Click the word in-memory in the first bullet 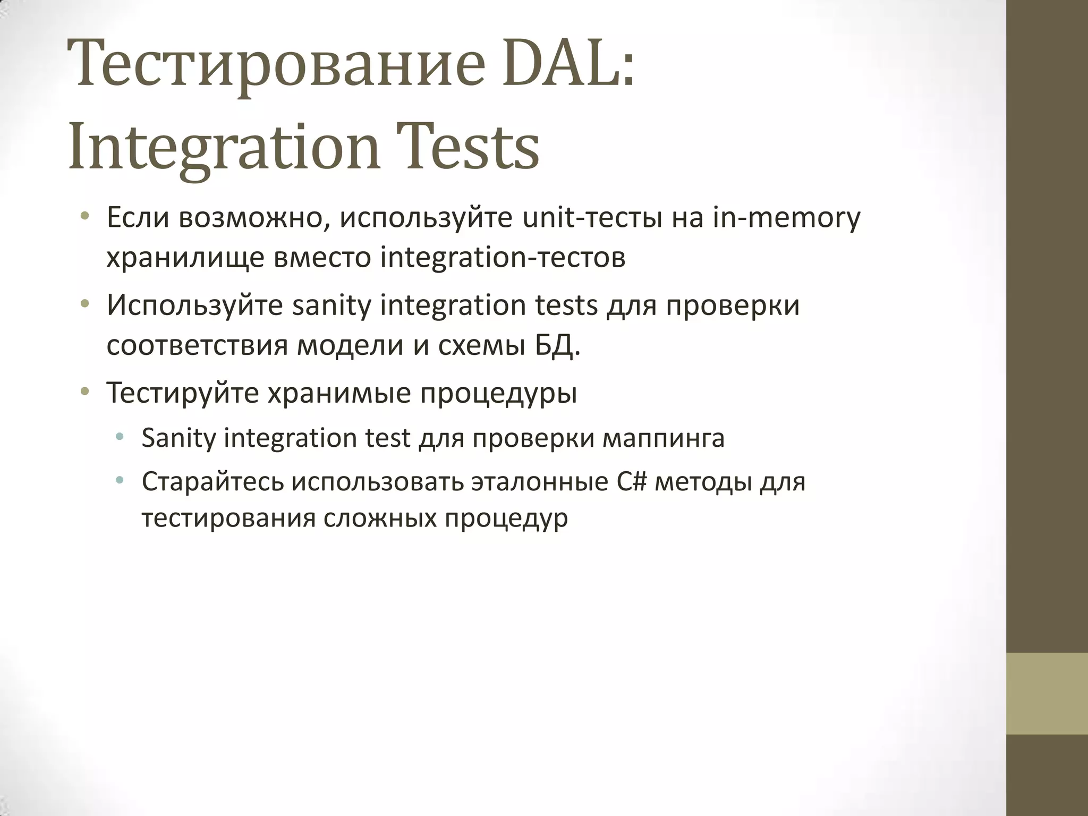click(x=787, y=218)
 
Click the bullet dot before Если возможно click(x=84, y=217)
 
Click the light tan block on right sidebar click(x=1047, y=693)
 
